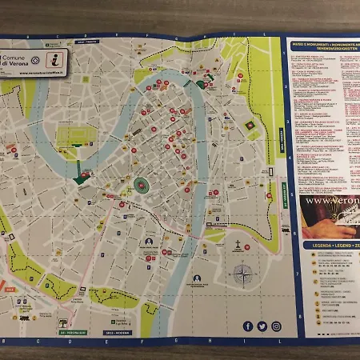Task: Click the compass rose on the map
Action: click(x=241, y=276)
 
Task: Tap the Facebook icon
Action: click(x=247, y=326)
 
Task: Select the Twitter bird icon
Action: click(x=262, y=326)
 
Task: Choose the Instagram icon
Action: click(x=276, y=326)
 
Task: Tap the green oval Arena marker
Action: click(x=142, y=186)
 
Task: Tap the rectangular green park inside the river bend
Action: click(x=74, y=133)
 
